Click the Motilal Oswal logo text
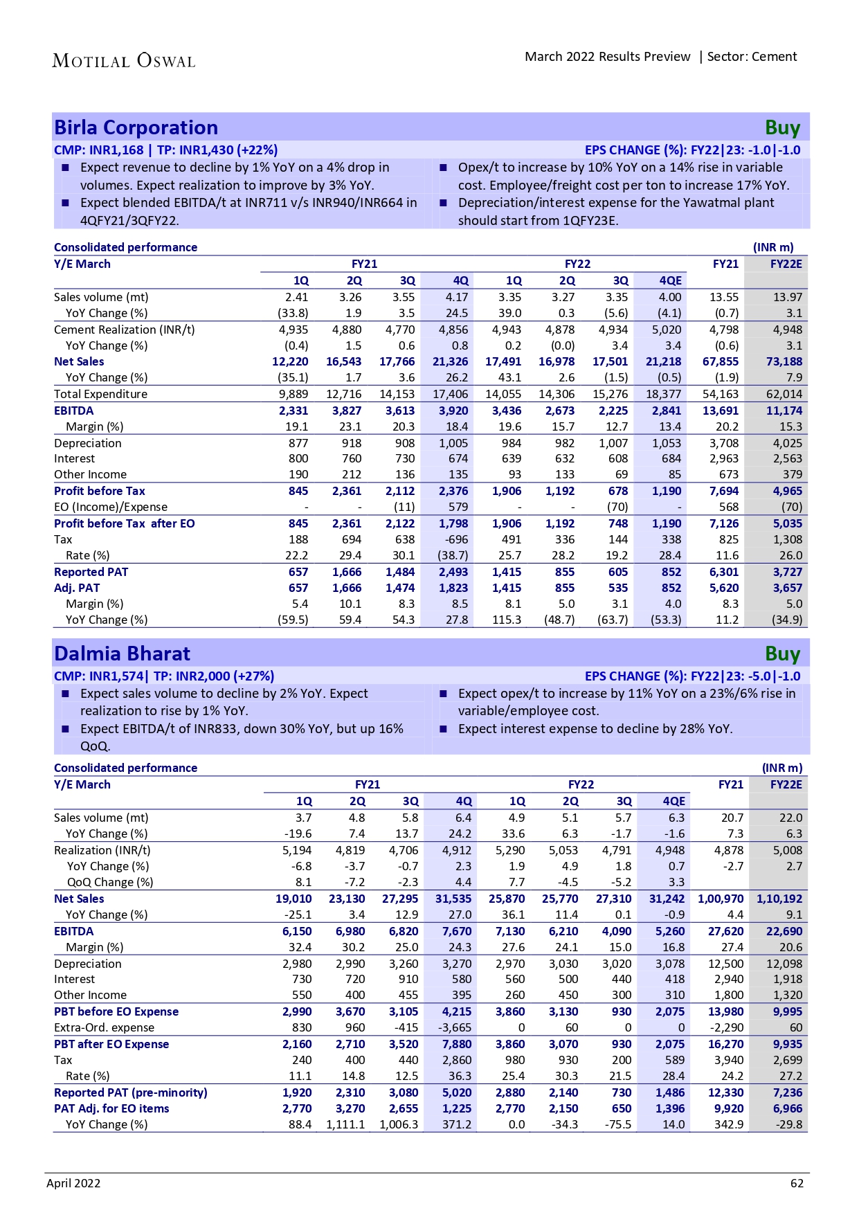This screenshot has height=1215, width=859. click(124, 61)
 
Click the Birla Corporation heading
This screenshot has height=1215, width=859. click(136, 128)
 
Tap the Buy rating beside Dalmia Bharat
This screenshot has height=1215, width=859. click(782, 654)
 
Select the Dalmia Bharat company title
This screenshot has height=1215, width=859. click(122, 654)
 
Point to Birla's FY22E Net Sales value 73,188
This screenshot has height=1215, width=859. click(784, 361)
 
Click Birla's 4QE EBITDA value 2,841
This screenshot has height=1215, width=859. click(666, 411)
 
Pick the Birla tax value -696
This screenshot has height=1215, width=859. click(453, 539)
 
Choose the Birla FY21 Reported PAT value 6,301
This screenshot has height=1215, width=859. click(723, 572)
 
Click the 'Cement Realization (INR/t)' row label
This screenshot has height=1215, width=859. click(125, 330)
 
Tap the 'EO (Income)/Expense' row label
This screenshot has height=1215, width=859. click(111, 507)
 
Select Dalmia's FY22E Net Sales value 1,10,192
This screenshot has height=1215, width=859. click(779, 899)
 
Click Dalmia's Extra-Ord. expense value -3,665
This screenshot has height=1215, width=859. click(454, 1027)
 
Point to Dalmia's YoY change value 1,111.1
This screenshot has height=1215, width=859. click(345, 1124)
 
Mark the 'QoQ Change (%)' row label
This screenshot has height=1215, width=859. click(110, 882)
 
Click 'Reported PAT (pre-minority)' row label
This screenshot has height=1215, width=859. click(131, 1092)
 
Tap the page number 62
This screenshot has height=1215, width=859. click(797, 1183)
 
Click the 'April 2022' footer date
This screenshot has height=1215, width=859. click(73, 1183)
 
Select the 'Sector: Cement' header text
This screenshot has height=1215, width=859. click(752, 57)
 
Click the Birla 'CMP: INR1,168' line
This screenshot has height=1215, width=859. click(99, 150)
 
